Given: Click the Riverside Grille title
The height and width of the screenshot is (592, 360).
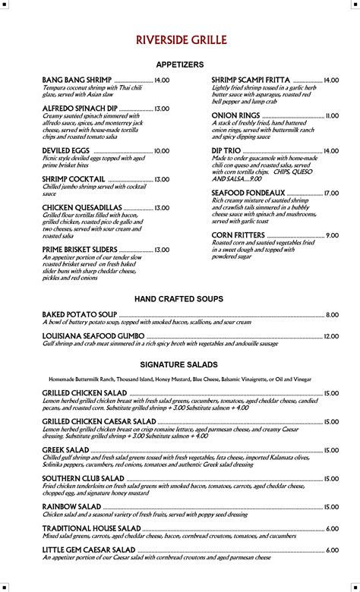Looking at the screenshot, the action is [179, 39].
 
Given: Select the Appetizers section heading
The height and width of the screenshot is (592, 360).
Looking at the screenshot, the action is [179, 65].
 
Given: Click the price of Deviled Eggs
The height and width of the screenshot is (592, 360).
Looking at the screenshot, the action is [162, 151].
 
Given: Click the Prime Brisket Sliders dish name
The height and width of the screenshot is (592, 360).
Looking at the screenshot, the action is [80, 249].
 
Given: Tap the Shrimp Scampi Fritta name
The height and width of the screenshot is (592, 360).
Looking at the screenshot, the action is [251, 80].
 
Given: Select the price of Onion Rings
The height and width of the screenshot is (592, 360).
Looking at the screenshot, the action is [332, 115].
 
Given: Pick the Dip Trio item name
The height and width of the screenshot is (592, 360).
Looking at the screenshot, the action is [226, 151].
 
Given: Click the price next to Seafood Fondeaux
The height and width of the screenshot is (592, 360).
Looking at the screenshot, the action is [331, 194].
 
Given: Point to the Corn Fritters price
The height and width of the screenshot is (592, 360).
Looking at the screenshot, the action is [332, 235].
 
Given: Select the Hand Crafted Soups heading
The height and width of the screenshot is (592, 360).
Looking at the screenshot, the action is [179, 299].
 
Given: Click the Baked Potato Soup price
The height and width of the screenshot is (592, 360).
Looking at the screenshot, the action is [332, 314].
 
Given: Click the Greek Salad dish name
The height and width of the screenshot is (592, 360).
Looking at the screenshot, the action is [66, 450].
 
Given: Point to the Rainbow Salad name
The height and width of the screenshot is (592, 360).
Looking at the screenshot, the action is [71, 506].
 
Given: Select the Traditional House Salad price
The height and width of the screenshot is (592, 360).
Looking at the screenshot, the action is [332, 527].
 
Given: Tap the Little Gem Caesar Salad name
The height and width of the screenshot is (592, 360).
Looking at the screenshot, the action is [89, 549].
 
